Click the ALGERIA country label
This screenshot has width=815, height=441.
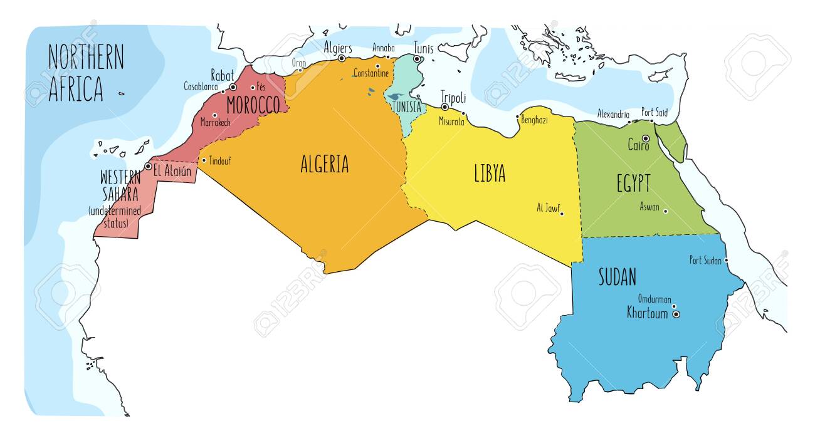[x=324, y=164]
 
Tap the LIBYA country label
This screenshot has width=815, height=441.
[x=490, y=174]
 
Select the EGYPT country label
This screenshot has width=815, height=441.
[x=633, y=184]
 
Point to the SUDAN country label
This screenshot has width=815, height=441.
[x=618, y=276]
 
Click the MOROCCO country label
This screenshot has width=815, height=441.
[x=253, y=105]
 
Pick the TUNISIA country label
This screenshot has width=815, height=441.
[x=406, y=106]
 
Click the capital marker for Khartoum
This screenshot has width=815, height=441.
[x=676, y=314]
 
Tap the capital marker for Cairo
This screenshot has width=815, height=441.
[x=645, y=138]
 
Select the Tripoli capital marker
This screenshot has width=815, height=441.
[x=444, y=107]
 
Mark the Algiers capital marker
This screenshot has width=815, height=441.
[x=342, y=58]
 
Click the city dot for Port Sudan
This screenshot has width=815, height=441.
[x=727, y=261]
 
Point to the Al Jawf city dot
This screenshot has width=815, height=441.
[x=562, y=214]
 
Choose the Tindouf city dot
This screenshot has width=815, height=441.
[x=204, y=160]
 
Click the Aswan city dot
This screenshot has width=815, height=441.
[x=665, y=211]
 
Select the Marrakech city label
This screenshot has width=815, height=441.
[x=216, y=123]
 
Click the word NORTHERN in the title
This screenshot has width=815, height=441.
[x=86, y=58]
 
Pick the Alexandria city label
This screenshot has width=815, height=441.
[x=613, y=114]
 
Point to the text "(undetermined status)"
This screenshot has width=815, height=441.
[x=115, y=217]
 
